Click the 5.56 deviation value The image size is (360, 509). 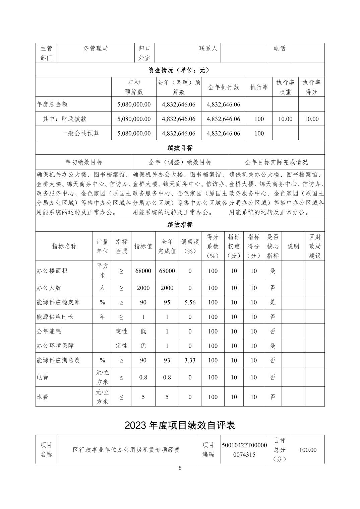190,302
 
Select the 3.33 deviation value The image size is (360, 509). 190,360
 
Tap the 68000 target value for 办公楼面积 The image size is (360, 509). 143,271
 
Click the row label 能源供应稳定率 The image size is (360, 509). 58,302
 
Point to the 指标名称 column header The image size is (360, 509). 64,246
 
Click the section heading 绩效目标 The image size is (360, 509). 180,148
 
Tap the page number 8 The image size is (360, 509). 180,468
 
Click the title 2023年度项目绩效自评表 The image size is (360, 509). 180,425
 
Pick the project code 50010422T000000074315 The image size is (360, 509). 244,450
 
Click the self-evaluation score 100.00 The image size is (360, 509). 308,450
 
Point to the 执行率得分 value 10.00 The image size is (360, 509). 311,119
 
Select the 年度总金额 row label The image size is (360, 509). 52,104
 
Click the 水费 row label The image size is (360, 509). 42,397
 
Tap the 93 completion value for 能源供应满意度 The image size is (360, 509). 167,360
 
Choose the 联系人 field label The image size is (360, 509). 208,49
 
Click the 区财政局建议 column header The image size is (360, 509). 315,246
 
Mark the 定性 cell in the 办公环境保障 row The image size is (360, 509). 121,346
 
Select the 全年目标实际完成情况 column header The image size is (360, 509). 276,162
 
